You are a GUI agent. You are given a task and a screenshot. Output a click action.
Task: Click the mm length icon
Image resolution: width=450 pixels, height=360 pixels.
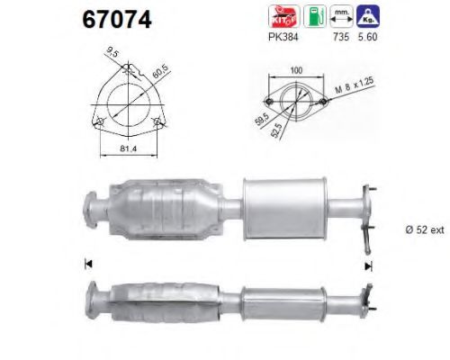tap(341, 15)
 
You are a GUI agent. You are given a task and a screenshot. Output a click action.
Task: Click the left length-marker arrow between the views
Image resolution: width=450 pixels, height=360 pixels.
tap(87, 264)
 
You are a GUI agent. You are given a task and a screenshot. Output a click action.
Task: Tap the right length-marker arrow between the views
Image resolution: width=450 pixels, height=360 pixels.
tap(367, 265)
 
